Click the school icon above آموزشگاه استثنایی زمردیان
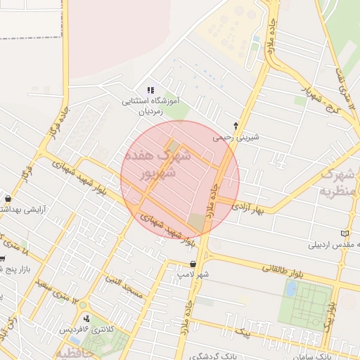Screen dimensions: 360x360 click(x=149, y=91)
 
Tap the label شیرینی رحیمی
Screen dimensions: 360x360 click(x=236, y=137)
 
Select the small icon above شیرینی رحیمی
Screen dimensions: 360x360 click(x=236, y=124)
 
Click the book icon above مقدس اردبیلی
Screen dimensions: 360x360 click(x=343, y=233)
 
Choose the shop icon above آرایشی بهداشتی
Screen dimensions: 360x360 click(x=8, y=198)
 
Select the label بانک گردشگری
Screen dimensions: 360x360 click(x=212, y=355)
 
